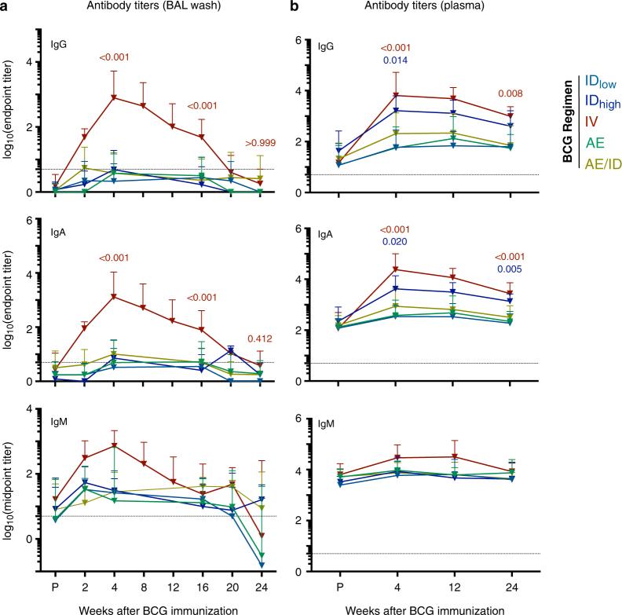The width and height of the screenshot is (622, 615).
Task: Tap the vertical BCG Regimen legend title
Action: pyautogui.click(x=566, y=121)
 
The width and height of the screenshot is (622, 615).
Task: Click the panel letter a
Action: pyautogui.click(x=6, y=8)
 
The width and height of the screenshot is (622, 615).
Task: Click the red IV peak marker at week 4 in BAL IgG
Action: pyautogui.click(x=115, y=97)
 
